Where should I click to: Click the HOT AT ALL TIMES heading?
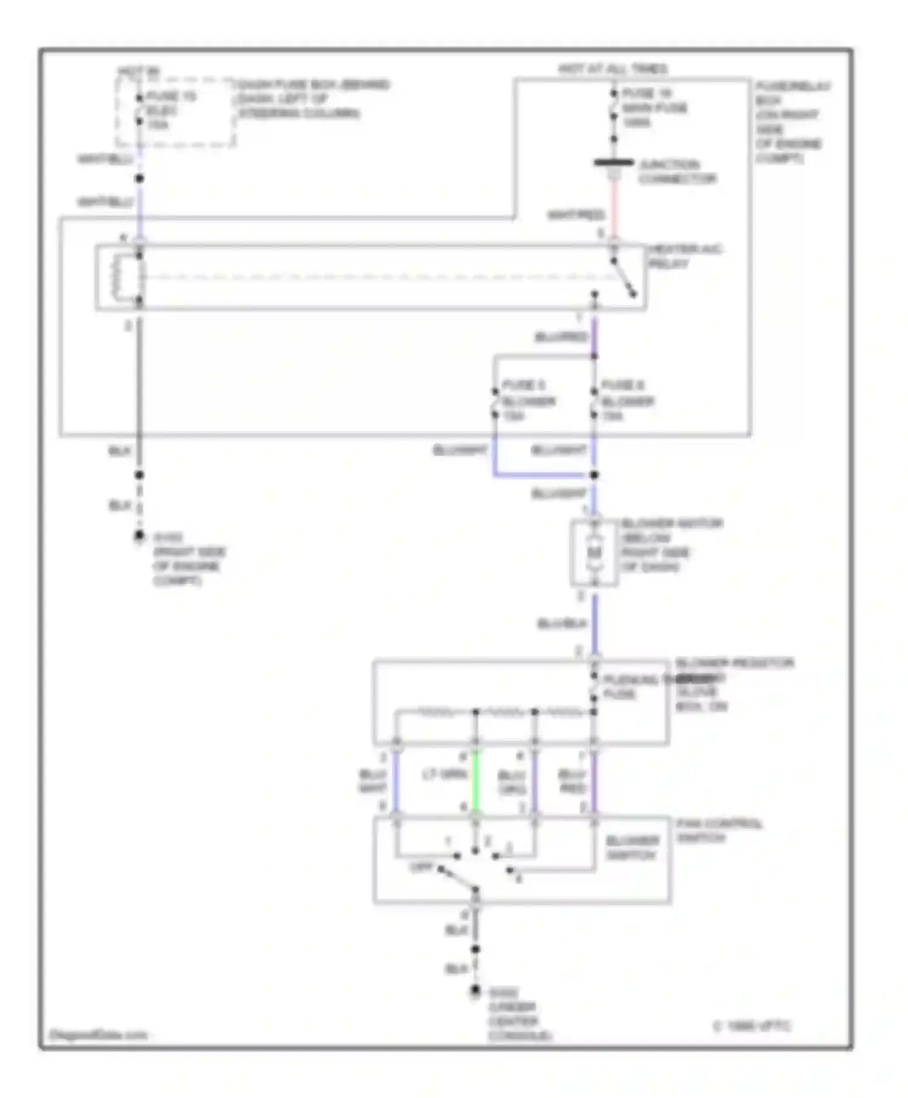(612, 69)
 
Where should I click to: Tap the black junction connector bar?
(614, 163)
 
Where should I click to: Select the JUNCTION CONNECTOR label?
(677, 172)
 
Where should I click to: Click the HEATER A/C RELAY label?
(685, 257)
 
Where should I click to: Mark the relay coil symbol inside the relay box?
(115, 277)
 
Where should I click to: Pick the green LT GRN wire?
(476, 781)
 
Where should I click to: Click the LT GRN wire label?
(444, 774)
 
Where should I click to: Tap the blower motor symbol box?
(594, 553)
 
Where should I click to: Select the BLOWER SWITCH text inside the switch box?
(632, 847)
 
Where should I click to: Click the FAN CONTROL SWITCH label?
(719, 830)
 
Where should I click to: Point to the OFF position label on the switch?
(421, 867)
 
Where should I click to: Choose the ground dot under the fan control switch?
(476, 990)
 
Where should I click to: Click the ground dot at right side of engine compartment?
(139, 536)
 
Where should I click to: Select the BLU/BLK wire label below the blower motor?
(562, 623)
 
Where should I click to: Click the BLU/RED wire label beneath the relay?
(561, 337)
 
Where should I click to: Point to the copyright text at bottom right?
(751, 1026)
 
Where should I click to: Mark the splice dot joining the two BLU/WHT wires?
(594, 475)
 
